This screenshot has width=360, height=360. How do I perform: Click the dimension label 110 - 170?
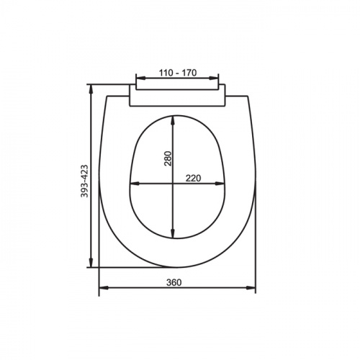point(177,73)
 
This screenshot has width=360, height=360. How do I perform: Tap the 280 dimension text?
point(168,159)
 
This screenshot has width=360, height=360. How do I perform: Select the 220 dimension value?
point(192,179)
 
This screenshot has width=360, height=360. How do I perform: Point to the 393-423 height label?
point(84,181)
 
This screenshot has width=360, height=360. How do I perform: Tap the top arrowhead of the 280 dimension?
point(173,119)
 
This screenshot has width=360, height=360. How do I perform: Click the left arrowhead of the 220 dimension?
point(133,184)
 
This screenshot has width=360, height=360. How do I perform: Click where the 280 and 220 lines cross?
point(173,184)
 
